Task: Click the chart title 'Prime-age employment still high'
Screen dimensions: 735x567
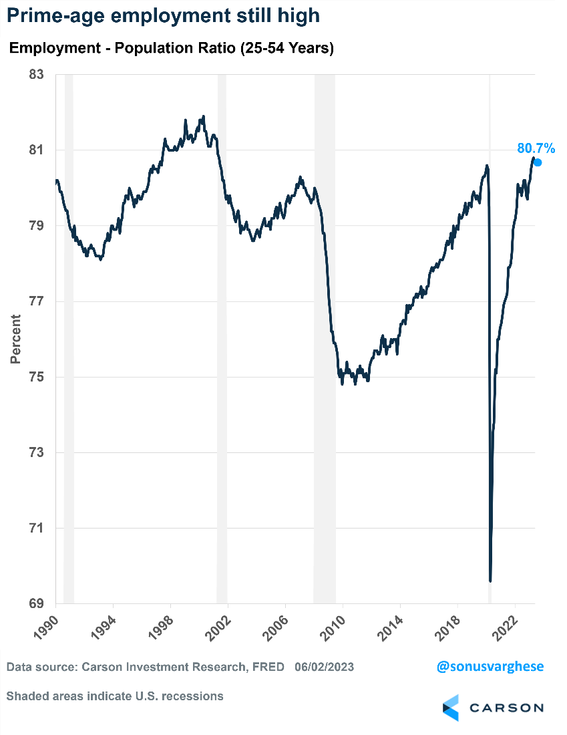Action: (x=163, y=16)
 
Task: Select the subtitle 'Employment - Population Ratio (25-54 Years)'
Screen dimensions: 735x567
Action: (x=171, y=48)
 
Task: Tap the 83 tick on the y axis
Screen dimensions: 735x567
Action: (x=37, y=74)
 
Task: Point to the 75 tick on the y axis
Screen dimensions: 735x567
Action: (x=37, y=377)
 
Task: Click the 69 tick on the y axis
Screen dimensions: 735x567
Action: (x=37, y=603)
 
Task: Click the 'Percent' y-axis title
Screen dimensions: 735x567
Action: (x=16, y=339)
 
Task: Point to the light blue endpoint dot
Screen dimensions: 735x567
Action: (x=538, y=162)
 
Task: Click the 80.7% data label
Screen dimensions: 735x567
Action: (x=536, y=148)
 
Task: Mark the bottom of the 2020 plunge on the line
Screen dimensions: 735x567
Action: (x=490, y=580)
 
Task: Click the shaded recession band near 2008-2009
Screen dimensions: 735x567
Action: (x=325, y=334)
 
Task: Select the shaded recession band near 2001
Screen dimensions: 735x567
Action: (x=222, y=334)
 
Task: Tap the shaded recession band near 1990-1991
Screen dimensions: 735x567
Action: (x=68, y=334)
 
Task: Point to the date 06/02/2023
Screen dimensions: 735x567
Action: (x=324, y=667)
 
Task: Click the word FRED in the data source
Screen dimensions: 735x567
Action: (x=269, y=667)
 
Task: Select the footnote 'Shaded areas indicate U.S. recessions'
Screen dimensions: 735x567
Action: (x=115, y=696)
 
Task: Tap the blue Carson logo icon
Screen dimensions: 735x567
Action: (x=451, y=708)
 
